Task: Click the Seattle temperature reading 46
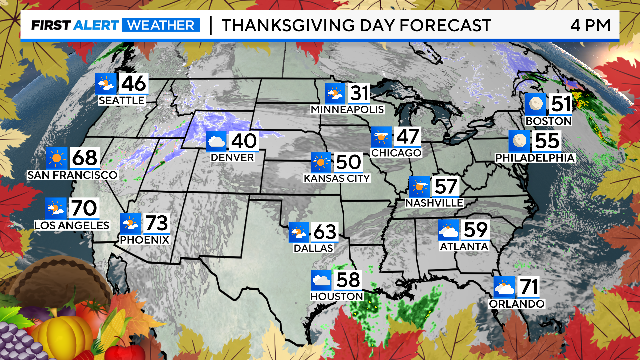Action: [x=134, y=84]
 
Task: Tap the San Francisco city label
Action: [x=72, y=175]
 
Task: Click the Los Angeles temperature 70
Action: [x=84, y=208]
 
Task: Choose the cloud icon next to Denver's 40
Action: [x=217, y=142]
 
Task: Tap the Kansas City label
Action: [x=336, y=180]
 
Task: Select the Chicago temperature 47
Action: [x=409, y=136]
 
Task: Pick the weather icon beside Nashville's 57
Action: [x=421, y=186]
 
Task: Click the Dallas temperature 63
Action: [x=326, y=234]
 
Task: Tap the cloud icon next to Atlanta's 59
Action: [x=449, y=233]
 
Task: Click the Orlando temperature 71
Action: [x=531, y=286]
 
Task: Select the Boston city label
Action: [x=548, y=121]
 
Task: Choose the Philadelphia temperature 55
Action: [x=547, y=140]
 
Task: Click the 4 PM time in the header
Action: [x=591, y=24]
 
